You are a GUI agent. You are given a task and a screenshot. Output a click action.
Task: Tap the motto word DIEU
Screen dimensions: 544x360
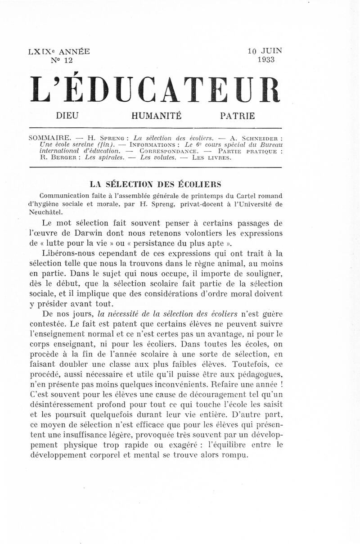click(x=67, y=116)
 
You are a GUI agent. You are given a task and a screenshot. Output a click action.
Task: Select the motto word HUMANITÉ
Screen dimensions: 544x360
click(x=157, y=116)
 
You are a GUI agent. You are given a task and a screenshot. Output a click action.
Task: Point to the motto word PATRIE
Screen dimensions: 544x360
click(x=237, y=116)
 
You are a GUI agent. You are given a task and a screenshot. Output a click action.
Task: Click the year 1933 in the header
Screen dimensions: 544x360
click(x=266, y=60)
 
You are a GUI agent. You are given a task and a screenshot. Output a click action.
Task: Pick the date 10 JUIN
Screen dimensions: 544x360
click(x=265, y=51)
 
